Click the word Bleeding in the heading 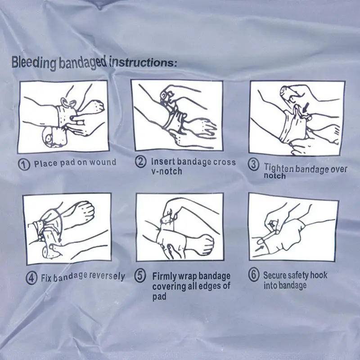[34, 63]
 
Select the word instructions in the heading [143, 63]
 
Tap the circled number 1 [24, 164]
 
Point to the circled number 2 [140, 162]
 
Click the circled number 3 [254, 165]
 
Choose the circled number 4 [31, 278]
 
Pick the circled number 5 [140, 276]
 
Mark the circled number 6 [254, 275]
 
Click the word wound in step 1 [103, 162]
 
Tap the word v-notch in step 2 [166, 171]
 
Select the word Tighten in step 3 [279, 168]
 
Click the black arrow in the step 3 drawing [306, 108]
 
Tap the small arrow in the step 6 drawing [260, 248]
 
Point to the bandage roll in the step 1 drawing [54, 137]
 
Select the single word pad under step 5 [159, 297]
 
